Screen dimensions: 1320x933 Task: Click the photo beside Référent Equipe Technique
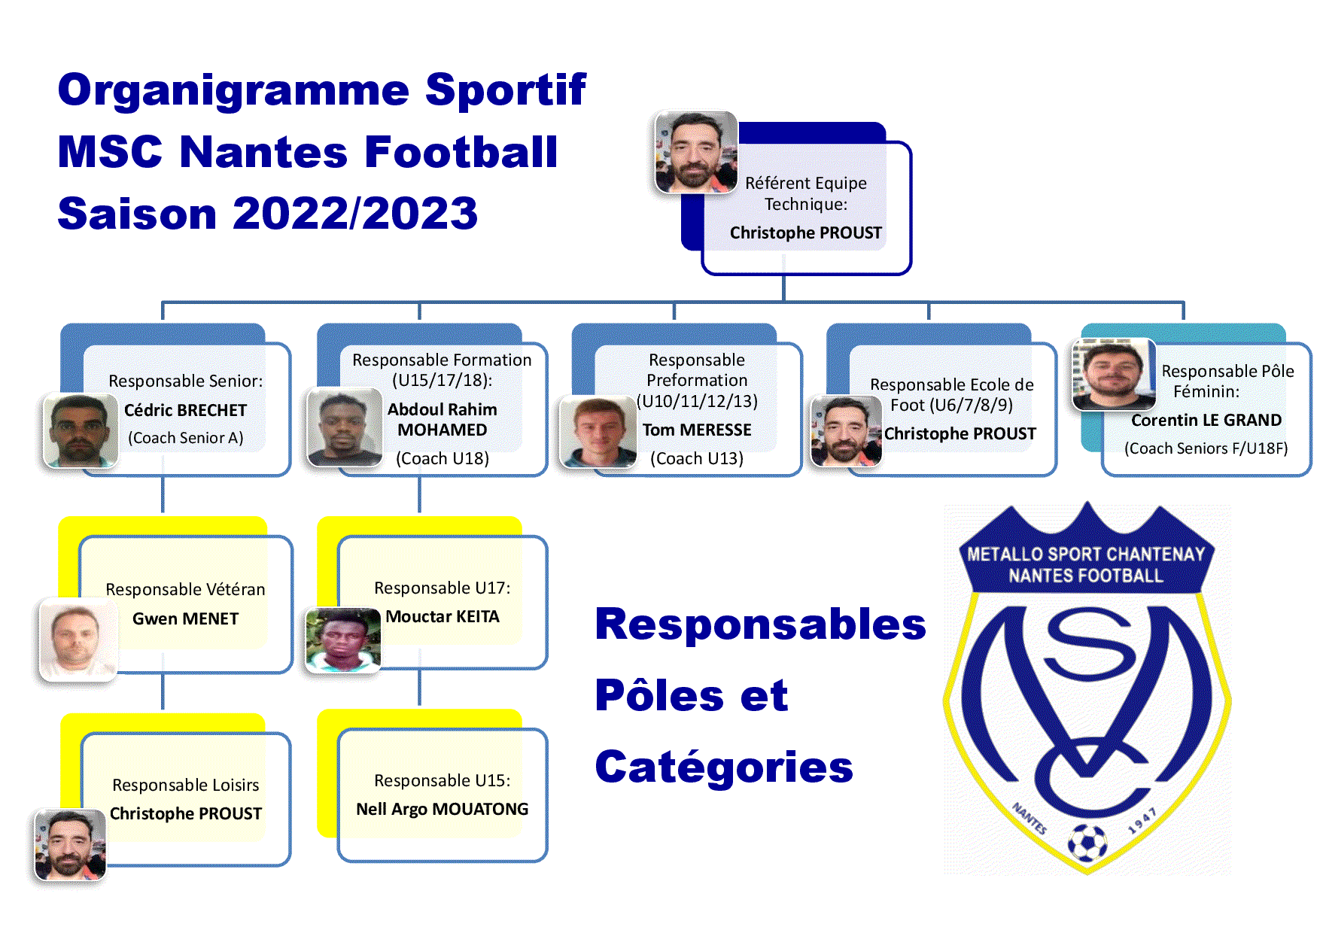[696, 153]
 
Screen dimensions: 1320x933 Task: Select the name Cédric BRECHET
[185, 410]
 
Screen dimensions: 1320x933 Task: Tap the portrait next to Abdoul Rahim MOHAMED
[345, 427]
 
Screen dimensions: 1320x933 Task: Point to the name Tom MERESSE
[697, 430]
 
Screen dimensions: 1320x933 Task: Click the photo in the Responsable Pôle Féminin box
[1114, 375]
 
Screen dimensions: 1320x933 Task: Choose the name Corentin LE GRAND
[1206, 420]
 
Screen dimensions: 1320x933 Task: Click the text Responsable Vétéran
[185, 589]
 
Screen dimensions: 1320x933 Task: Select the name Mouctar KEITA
[443, 616]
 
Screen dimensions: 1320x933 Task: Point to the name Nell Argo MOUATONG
[443, 809]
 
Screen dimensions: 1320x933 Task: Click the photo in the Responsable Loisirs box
[71, 845]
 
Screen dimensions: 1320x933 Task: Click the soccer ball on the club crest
[1087, 843]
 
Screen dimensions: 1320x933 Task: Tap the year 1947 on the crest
[1142, 822]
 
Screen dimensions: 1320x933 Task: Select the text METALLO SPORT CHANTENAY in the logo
[1086, 555]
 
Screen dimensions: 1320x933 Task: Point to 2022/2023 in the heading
[355, 213]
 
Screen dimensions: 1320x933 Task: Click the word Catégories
[724, 767]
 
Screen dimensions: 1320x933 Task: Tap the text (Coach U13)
[697, 458]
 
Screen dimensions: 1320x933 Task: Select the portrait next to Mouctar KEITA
[343, 640]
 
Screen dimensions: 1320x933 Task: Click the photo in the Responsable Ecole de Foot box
[846, 431]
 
